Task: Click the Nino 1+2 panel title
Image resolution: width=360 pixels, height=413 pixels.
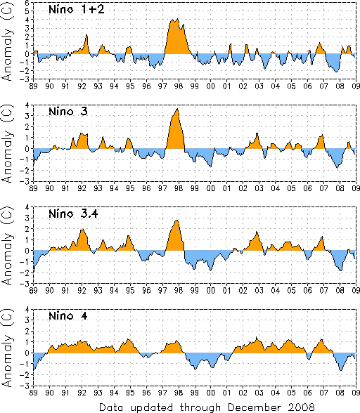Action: point(77,10)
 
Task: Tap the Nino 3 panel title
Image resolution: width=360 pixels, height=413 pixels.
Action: point(68,112)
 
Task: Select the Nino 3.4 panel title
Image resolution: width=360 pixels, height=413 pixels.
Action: point(73,214)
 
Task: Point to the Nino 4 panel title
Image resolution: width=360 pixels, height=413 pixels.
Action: point(68,315)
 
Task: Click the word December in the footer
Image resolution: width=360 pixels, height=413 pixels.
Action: point(255,407)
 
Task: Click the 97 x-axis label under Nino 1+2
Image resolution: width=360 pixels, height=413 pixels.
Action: point(162,86)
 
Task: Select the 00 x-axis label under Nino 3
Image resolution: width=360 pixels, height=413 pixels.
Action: point(211,188)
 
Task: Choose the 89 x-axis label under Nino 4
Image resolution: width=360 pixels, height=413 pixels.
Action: point(33,393)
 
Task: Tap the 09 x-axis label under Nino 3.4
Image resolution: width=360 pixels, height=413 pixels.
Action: point(356,291)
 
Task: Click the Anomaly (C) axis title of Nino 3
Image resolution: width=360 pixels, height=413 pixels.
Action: point(7,144)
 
